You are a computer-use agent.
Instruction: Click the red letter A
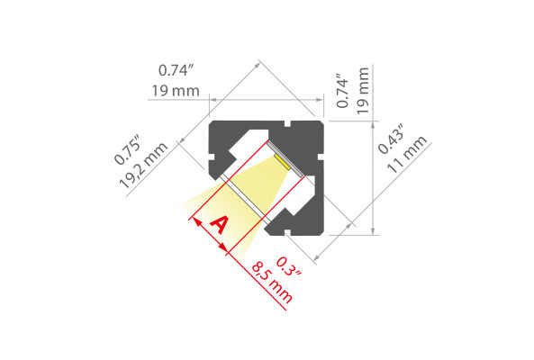(x=219, y=225)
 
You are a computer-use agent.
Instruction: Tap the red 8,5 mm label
(x=272, y=282)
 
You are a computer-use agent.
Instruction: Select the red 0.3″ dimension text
(x=289, y=267)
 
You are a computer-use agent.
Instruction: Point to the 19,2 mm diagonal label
(x=143, y=166)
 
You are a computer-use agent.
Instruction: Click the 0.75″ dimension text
(x=127, y=149)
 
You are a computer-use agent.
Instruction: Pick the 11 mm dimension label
(x=407, y=154)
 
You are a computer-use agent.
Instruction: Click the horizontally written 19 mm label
(x=176, y=91)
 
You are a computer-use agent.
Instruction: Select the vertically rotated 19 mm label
(x=363, y=91)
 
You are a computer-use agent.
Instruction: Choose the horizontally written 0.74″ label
(x=176, y=70)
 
